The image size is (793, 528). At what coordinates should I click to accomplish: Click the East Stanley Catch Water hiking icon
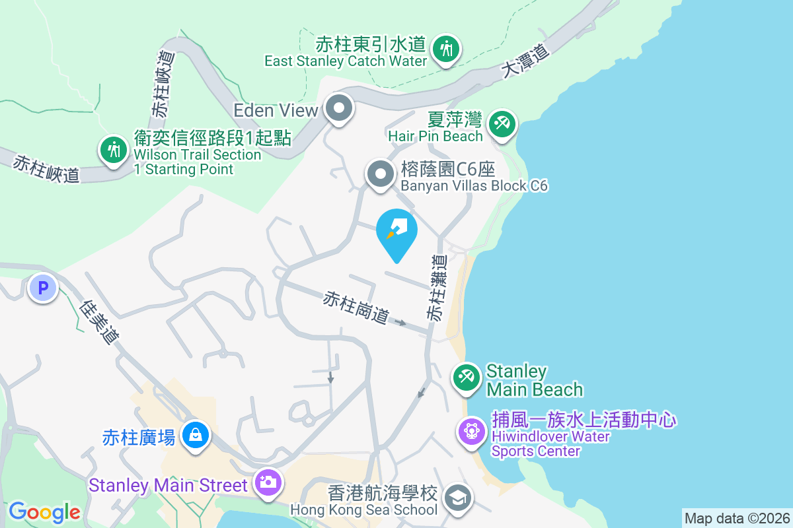point(447,49)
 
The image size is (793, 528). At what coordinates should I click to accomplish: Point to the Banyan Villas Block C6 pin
point(380,175)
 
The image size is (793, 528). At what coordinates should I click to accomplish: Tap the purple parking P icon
point(43,288)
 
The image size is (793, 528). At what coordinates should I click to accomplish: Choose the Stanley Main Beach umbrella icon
point(467,378)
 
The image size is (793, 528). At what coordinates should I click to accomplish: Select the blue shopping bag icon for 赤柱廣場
point(196,436)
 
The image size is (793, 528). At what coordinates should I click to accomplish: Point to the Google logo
point(44,512)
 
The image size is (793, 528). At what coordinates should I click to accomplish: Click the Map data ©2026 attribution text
point(737,518)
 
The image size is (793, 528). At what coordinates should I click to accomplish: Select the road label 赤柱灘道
point(437,289)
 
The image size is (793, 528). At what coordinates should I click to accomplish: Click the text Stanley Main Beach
point(534,380)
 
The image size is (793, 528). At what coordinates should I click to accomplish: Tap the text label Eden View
point(276,110)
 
